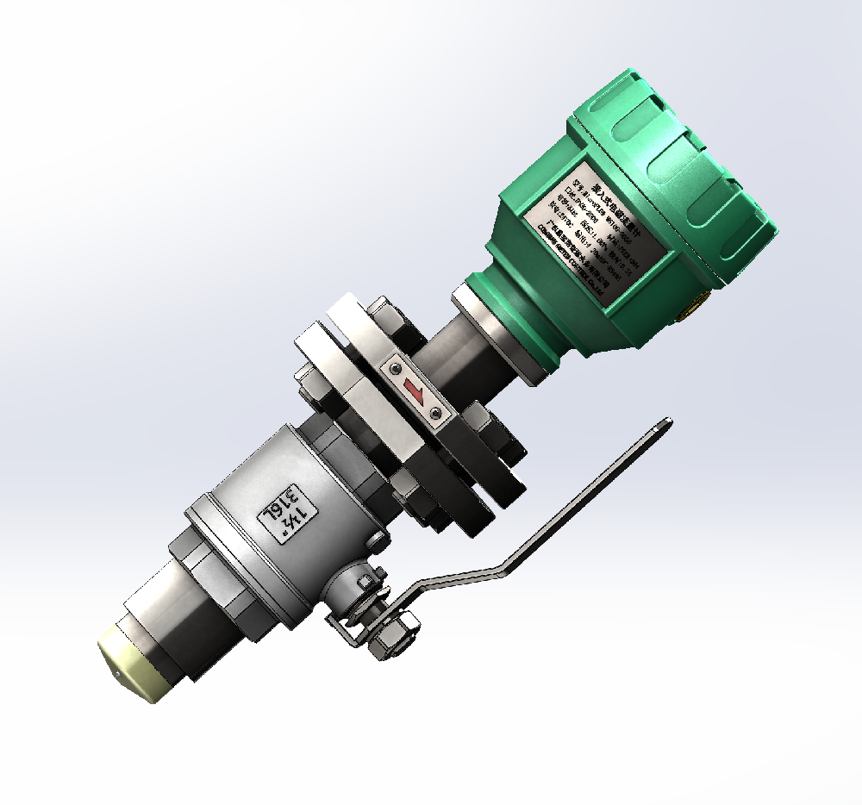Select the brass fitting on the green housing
(x=695, y=304)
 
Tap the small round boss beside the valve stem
(x=376, y=540)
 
